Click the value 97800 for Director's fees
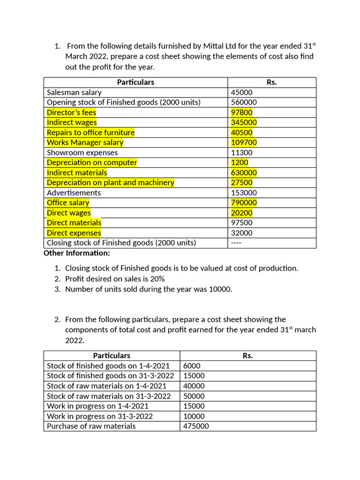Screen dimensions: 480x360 coord(240,112)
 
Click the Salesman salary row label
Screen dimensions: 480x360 coord(74,92)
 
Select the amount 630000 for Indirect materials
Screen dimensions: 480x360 coord(244,172)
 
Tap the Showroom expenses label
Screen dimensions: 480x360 coord(82,153)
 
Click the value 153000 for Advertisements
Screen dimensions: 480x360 coord(244,193)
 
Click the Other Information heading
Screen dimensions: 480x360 coord(77,253)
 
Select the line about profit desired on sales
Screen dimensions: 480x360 coord(115,278)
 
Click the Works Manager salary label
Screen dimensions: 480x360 coord(85,142)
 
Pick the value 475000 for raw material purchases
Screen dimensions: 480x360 coord(196,426)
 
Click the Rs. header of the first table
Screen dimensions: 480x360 coord(272,82)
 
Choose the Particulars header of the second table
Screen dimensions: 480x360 coord(112,355)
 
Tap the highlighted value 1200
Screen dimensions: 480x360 coord(240,163)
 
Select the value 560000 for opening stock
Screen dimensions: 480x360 coord(244,102)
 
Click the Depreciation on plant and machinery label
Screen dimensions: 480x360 coord(110,183)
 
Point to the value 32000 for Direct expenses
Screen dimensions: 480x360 coord(242,233)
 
